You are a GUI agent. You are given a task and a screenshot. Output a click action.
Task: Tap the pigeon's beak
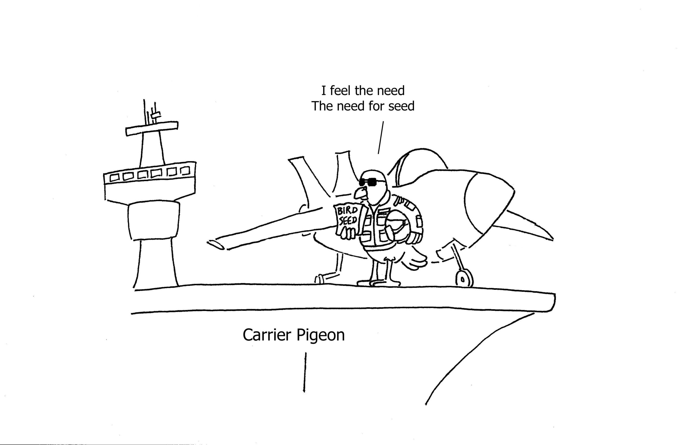(x=359, y=193)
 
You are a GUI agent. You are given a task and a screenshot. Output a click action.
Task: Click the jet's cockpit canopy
(x=417, y=166)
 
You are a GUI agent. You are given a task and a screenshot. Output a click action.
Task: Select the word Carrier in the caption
(x=267, y=335)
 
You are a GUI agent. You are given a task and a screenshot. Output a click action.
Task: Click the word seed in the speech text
(x=401, y=106)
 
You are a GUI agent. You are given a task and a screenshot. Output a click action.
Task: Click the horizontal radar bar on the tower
(x=152, y=129)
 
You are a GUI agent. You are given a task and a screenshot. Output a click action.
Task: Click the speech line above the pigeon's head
(x=381, y=137)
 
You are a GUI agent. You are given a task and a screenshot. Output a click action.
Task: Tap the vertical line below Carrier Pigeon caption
(x=305, y=372)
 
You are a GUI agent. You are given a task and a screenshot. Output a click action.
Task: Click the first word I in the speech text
(x=323, y=91)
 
